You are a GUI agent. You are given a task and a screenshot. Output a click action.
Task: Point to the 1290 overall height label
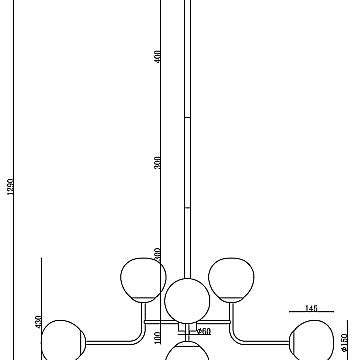click(x=10, y=195)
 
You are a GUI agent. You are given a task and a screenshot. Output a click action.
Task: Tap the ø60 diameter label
click(x=203, y=332)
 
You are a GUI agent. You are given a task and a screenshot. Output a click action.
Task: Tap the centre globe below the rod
click(x=186, y=299)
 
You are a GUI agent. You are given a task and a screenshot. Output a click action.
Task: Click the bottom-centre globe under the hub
click(x=186, y=351)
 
